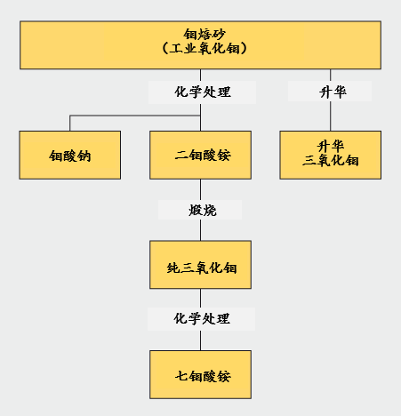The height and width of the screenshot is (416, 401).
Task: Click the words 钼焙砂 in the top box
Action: pos(205,35)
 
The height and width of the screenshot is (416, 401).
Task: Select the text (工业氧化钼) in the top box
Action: pos(205,48)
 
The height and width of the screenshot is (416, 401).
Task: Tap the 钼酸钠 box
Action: pos(70,155)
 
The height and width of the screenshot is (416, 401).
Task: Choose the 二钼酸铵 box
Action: pos(200,155)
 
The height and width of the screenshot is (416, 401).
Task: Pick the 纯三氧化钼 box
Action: pos(200,265)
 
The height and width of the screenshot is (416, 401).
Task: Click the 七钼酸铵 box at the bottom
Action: pos(200,374)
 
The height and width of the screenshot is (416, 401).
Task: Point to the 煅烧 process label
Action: pos(203,210)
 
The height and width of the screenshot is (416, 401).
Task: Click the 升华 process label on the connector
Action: pos(333,92)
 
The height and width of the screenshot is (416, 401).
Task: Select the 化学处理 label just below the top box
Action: pos(203,92)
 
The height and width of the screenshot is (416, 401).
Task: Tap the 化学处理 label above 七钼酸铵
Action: pos(202,318)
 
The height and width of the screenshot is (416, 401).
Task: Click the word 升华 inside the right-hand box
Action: pos(331,146)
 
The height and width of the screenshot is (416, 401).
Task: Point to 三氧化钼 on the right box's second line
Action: pos(331,160)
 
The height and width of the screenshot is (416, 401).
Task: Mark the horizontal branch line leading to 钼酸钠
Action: pos(135,116)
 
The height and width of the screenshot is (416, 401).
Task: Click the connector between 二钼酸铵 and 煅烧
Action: pos(200,189)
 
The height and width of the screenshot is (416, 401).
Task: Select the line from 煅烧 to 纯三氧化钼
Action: pos(200,230)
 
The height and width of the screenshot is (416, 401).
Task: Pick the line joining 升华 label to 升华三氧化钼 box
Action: pos(331,116)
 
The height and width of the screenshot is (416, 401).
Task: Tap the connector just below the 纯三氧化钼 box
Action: pos(200,298)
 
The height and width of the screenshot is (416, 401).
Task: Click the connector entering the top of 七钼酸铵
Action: pos(200,340)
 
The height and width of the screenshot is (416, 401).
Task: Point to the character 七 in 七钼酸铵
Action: pos(181,376)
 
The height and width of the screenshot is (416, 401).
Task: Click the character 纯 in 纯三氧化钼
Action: pos(173,268)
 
